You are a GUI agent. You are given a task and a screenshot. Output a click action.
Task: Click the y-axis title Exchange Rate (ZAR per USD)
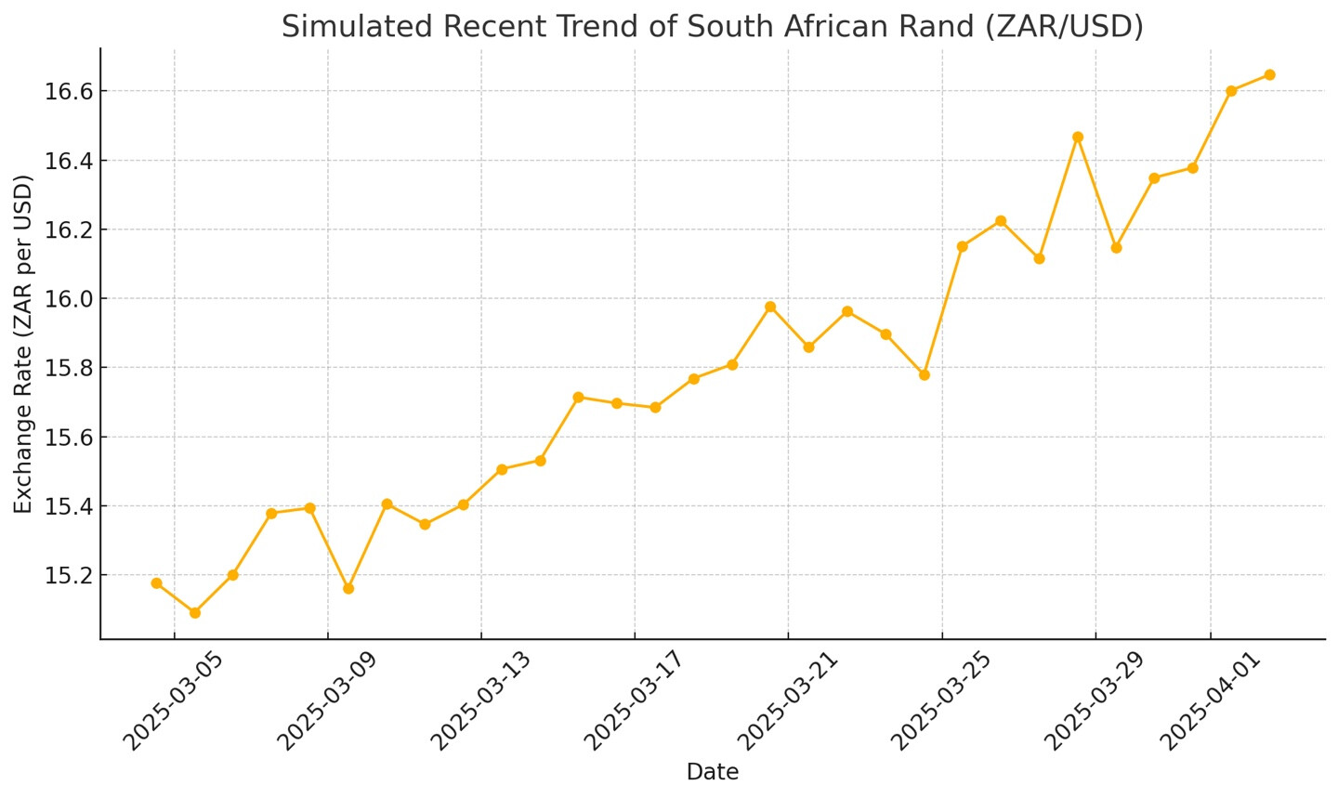23,343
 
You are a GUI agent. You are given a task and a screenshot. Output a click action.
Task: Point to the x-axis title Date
712,772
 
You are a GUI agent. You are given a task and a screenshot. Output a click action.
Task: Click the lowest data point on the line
194,612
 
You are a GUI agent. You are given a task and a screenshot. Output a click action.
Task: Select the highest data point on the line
1269,74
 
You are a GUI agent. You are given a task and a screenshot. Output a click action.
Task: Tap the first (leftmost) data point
156,583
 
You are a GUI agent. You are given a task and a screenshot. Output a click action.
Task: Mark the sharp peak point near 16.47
1078,137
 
